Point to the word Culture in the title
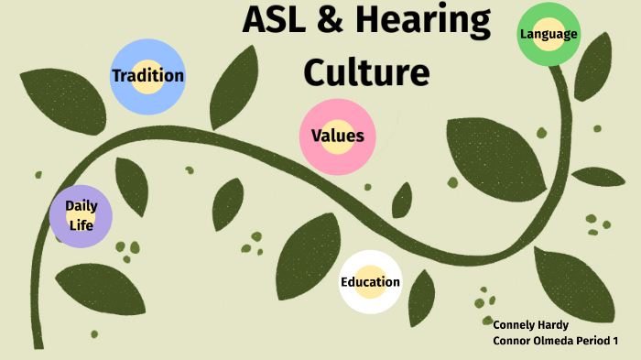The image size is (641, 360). pyautogui.click(x=366, y=71)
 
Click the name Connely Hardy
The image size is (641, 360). pyautogui.click(x=530, y=324)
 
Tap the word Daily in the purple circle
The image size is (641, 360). pyautogui.click(x=81, y=206)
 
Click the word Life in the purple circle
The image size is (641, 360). pyautogui.click(x=81, y=225)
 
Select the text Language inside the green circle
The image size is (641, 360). pyautogui.click(x=549, y=35)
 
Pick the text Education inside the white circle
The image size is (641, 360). pyautogui.click(x=370, y=282)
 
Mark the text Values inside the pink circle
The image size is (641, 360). pyautogui.click(x=337, y=136)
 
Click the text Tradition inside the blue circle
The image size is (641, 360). pyautogui.click(x=147, y=76)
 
